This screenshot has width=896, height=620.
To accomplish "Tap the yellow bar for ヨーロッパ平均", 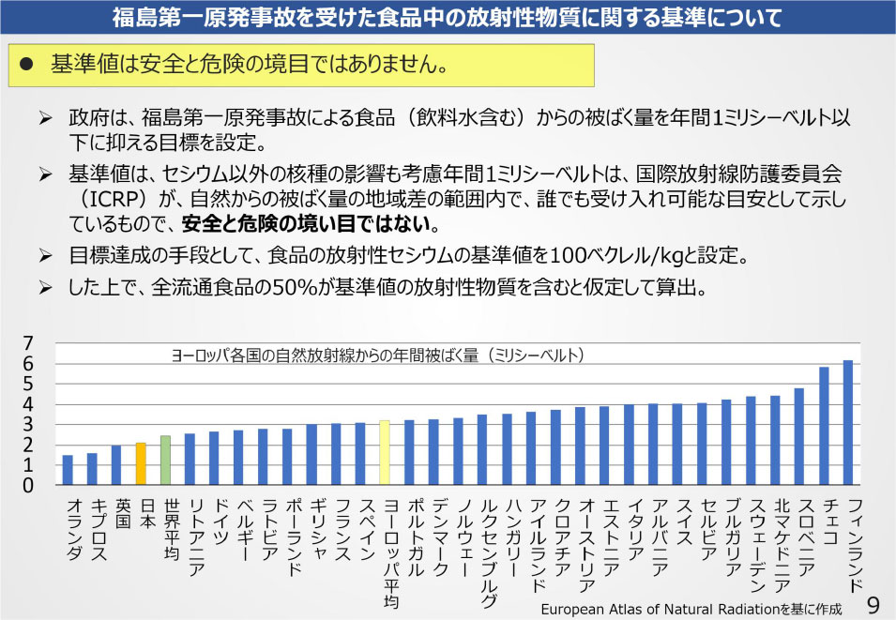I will click(x=385, y=452).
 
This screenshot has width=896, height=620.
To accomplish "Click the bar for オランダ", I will click(x=68, y=470).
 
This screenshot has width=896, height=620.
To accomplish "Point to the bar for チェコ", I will click(x=824, y=426).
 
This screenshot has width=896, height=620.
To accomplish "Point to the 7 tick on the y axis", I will click(x=28, y=342).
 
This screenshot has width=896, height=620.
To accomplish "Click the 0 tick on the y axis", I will click(x=28, y=486).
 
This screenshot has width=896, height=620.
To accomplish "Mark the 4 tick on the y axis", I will click(x=28, y=404).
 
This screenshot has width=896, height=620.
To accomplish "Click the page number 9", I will click(x=873, y=601).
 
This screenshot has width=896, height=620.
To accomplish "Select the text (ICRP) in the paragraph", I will click(x=101, y=200).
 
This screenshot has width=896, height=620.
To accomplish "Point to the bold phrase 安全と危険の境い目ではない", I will click(x=310, y=224).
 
